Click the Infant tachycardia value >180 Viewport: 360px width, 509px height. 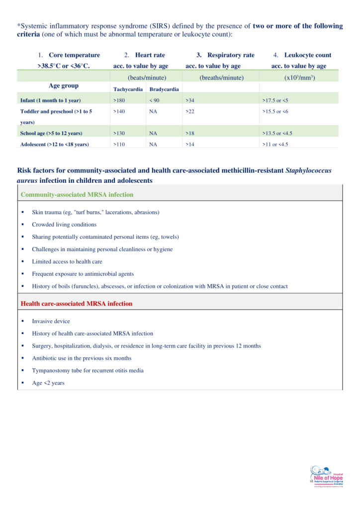click(119, 100)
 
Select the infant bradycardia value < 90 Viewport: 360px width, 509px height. click(154, 100)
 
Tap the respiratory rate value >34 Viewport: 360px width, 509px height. click(190, 100)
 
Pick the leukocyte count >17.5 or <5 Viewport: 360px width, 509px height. click(275, 100)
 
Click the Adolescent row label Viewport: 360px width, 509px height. click(55, 144)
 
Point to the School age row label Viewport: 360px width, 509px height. click(51, 133)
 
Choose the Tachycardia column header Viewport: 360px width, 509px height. click(127, 89)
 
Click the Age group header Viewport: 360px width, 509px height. click(64, 86)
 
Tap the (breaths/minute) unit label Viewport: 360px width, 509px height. click(221, 78)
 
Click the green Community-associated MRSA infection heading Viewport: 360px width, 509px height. click(77, 194)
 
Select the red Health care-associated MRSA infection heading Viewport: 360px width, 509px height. click(77, 303)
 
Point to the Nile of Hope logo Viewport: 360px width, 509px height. click(326, 478)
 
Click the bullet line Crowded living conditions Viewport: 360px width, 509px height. click(64, 225)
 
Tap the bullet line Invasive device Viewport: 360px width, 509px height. click(51, 321)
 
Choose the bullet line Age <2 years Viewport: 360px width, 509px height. click(48, 383)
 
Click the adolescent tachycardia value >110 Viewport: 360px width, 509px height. click(119, 144)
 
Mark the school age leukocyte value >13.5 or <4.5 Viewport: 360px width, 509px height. click(278, 133)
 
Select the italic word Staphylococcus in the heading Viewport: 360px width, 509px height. click(308, 170)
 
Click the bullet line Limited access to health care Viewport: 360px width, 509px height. click(67, 261)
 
